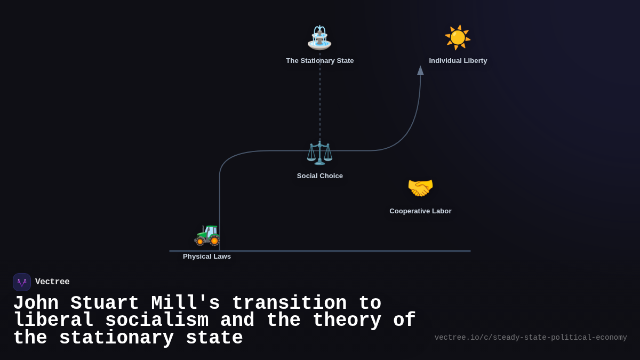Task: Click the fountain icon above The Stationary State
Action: pos(319,37)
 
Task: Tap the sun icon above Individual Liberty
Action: pos(458,37)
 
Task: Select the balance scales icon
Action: pos(319,153)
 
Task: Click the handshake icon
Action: pos(420,188)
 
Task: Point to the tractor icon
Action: pos(207,234)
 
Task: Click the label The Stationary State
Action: pos(319,61)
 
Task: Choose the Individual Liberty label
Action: pos(458,61)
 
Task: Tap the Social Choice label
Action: pos(319,176)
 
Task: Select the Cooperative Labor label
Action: pos(420,211)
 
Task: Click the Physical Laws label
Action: pos(207,257)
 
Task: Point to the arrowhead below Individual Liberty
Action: pos(420,70)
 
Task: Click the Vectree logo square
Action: pos(22,282)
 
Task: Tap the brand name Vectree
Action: pos(52,282)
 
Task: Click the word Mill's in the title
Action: pos(186,303)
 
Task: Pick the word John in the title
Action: pos(36,303)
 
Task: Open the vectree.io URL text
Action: pos(531,338)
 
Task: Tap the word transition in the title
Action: pos(289,303)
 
